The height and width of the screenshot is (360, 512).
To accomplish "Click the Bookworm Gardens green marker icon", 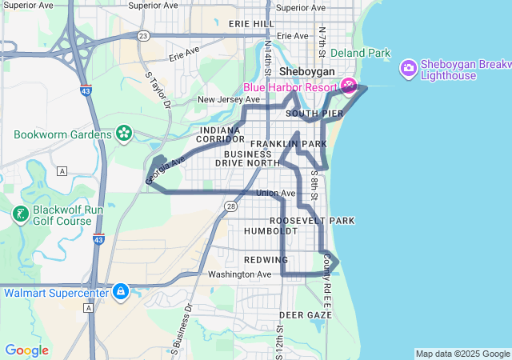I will [124, 133].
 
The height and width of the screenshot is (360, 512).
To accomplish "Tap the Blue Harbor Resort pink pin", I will [350, 85].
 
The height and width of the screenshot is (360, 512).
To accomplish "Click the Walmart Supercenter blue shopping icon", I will [121, 292].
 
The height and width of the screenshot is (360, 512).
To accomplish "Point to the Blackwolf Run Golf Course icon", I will [19, 214].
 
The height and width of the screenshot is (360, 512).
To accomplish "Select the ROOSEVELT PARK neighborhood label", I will [311, 220].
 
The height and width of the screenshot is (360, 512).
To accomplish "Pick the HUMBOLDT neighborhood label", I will [271, 230].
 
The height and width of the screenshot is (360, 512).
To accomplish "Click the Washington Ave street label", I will [240, 274].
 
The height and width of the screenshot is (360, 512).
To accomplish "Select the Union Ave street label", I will [275, 193].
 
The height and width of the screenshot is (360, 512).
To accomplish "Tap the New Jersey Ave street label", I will [229, 100].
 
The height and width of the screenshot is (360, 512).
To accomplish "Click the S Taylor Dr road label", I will [158, 90].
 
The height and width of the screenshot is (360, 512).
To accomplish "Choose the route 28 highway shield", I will [230, 206].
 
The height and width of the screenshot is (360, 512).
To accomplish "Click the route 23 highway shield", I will [142, 36].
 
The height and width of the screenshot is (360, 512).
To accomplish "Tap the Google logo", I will [26, 350].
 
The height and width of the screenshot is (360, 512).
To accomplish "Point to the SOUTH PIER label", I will [314, 114].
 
